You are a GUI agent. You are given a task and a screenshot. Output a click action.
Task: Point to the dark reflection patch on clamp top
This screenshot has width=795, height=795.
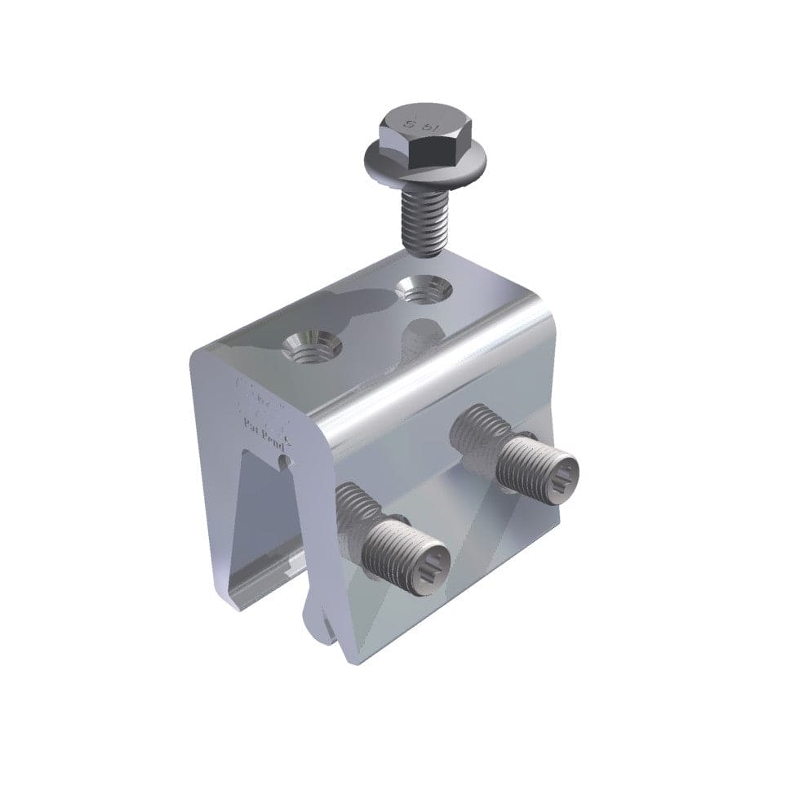pos(343,306)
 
